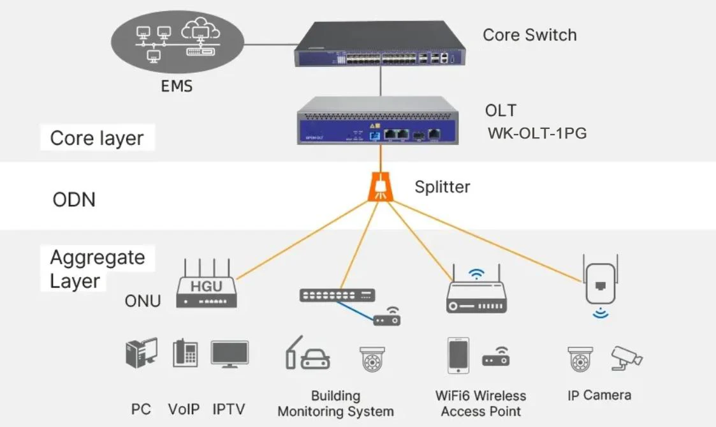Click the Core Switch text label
(529, 35)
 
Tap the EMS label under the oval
(177, 86)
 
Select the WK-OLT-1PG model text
(537, 134)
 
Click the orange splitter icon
(380, 187)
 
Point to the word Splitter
(442, 187)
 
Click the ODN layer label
(74, 199)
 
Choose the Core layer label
(97, 139)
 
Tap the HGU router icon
(206, 285)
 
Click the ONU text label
(143, 301)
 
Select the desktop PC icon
(141, 353)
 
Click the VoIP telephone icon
(185, 354)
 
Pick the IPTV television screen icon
(230, 354)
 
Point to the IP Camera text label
(599, 395)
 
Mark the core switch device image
(381, 45)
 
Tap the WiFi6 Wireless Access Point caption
(481, 403)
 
